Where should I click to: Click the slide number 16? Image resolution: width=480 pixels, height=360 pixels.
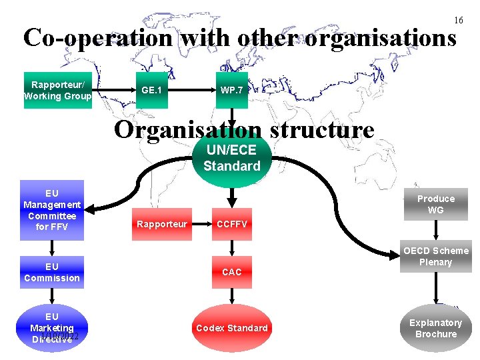(459, 20)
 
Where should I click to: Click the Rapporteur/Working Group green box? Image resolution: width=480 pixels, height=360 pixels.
(57, 90)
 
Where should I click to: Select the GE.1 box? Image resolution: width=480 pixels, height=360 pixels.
(151, 90)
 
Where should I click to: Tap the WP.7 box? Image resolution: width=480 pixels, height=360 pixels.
(231, 90)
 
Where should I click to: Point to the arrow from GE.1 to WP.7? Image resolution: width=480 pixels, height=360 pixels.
(191, 90)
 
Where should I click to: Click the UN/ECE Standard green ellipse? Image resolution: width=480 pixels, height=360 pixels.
(231, 159)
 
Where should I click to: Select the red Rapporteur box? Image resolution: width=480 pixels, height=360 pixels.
(162, 224)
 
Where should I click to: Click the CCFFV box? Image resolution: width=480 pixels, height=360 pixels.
(231, 224)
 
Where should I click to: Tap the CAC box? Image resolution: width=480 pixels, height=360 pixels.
(231, 271)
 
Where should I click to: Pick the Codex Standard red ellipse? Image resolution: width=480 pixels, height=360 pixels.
(231, 327)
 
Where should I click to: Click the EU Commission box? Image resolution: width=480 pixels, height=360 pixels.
(52, 272)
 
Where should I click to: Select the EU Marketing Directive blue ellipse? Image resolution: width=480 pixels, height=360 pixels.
(52, 327)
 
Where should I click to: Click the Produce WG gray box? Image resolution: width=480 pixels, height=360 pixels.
(436, 204)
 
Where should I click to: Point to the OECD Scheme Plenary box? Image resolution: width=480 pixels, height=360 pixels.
(436, 257)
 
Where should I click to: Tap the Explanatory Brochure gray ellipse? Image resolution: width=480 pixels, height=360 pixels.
(436, 327)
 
